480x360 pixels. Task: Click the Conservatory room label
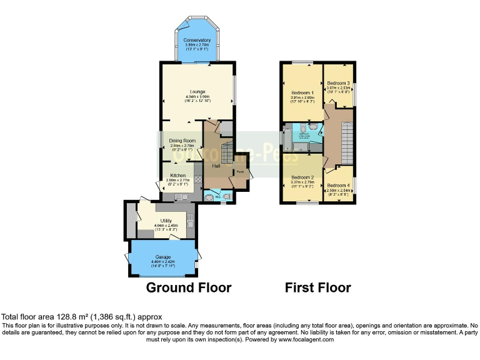pos(197,41)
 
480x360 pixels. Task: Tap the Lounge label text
pos(198,92)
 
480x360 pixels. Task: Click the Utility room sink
pos(190,220)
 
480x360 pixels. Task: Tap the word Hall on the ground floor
pos(216,166)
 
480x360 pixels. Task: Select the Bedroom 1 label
pos(302,92)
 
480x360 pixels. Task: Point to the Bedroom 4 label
pos(337,184)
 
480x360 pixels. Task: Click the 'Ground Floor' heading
pos(189,288)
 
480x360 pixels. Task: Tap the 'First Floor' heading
pos(317,288)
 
